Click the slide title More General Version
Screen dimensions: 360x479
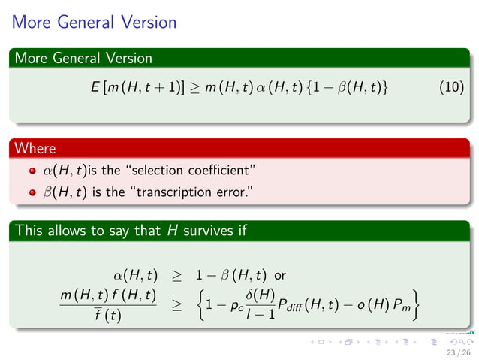click(95, 22)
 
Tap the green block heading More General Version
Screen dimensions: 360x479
click(83, 58)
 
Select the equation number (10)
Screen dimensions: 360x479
click(450, 89)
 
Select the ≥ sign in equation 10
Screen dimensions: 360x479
click(194, 89)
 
